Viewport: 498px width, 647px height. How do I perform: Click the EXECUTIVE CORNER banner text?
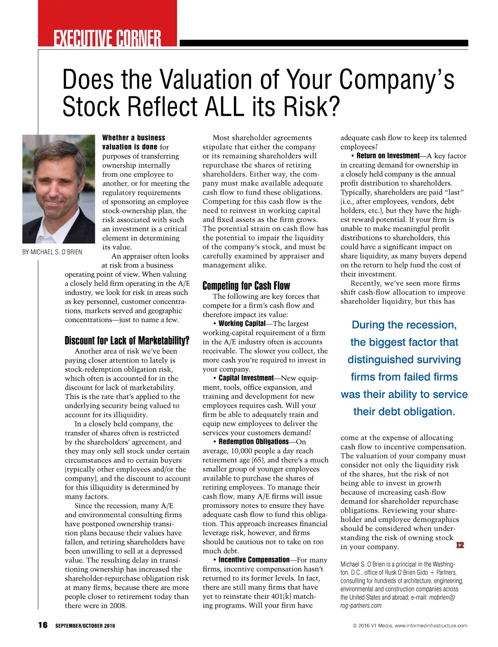tap(107, 38)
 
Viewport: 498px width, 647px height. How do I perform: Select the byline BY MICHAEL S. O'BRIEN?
tap(52, 252)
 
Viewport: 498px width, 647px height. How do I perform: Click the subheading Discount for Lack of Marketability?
tap(127, 341)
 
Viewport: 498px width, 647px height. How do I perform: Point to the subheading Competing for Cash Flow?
tap(246, 286)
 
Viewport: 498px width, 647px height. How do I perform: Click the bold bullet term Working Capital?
tap(242, 323)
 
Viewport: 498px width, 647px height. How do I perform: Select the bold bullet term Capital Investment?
tap(246, 378)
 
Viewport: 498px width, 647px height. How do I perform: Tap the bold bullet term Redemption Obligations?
tap(253, 442)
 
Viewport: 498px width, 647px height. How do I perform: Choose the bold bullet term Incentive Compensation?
tap(254, 560)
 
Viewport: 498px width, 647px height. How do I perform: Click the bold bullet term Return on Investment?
tap(388, 156)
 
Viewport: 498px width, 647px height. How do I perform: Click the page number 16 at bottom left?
tap(43, 625)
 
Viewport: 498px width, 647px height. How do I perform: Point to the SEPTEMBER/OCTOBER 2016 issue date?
tap(85, 626)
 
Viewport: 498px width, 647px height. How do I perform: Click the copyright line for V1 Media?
tap(410, 626)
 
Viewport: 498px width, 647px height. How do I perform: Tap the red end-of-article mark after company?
tap(460, 545)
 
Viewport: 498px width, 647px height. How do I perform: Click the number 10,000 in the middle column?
tap(239, 451)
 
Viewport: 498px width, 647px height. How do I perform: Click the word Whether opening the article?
tap(115, 138)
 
